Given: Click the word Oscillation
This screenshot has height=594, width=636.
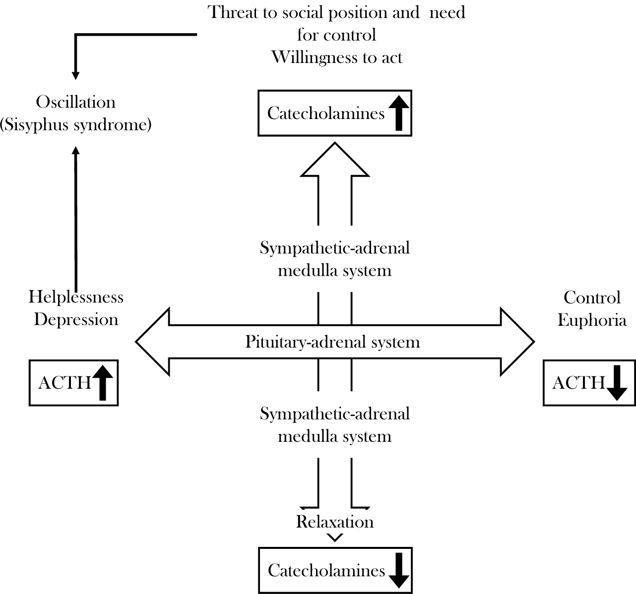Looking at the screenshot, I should pos(75,102).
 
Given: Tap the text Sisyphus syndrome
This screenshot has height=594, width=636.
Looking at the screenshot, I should pos(75,124).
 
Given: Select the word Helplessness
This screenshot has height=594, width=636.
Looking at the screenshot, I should pos(76,297).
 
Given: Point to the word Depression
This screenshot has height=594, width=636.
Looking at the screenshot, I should pos(76,319).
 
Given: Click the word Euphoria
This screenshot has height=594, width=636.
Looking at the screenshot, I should pos(592,320).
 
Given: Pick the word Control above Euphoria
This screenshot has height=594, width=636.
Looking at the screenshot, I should pos(592,297).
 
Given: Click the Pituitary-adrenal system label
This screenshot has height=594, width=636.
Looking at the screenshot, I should pos(332,342).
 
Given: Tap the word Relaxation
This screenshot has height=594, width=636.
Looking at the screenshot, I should pos(335,522).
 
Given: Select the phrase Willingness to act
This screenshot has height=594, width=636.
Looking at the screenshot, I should pos(337,57).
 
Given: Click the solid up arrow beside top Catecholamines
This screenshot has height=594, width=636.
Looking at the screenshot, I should pos(399,113).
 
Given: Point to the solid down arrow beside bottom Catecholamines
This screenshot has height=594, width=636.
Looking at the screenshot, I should pos(399,570).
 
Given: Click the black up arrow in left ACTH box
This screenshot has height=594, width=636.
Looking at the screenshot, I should pos(103,383).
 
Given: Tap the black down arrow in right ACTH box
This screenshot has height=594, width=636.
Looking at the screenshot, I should pos(617,383).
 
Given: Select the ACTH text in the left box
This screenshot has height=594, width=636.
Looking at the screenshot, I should pos(64,383).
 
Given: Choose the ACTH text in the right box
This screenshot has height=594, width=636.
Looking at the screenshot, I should pos(578,383).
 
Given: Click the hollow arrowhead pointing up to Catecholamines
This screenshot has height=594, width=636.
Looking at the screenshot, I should pos(335,161).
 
